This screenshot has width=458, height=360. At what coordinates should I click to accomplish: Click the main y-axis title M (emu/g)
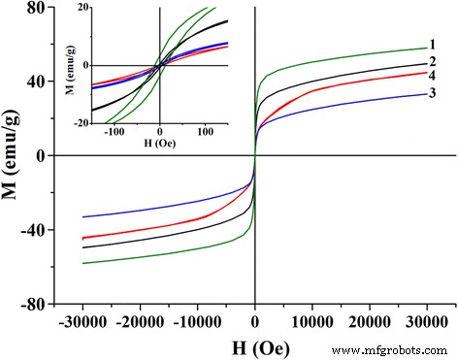coord(13,155)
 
